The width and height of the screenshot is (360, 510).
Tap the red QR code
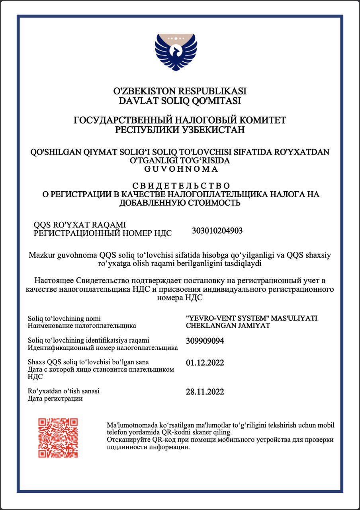point(58,437)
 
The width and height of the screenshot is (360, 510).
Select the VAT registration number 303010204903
point(217,230)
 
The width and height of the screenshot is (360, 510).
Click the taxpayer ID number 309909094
point(205,341)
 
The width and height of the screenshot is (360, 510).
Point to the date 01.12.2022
point(205,363)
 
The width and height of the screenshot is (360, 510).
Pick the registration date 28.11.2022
point(205,392)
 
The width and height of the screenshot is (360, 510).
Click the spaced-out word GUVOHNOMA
point(180,169)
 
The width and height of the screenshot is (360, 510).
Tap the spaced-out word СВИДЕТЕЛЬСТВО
point(180,186)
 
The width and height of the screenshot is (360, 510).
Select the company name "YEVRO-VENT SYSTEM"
point(227,318)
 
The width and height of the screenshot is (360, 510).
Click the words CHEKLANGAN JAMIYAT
point(228,326)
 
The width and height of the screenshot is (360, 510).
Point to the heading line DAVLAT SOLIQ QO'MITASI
point(180,101)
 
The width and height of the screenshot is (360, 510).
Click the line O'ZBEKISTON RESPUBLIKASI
point(180,91)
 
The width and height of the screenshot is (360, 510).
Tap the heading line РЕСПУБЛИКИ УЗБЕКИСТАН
point(180,130)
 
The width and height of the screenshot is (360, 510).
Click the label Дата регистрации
point(55,398)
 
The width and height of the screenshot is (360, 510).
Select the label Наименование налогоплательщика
point(82,326)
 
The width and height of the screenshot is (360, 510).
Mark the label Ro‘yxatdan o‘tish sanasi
point(64,391)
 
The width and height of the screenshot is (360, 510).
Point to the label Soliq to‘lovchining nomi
point(64,318)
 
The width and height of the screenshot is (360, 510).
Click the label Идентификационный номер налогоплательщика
point(103,348)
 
